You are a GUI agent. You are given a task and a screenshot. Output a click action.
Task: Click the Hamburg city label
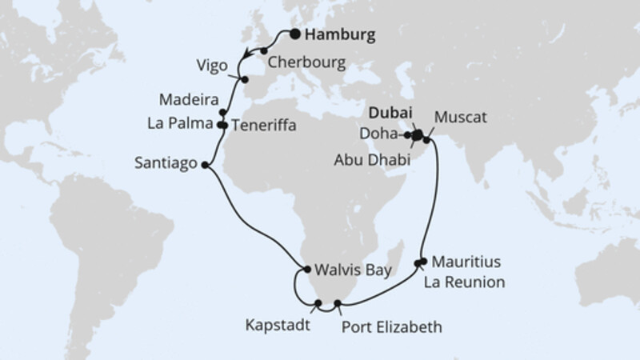pyautogui.click(x=338, y=35)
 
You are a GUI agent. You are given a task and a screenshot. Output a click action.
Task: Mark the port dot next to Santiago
pyautogui.click(x=206, y=166)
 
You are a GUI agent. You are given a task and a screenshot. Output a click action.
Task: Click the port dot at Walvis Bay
pyautogui.click(x=306, y=269)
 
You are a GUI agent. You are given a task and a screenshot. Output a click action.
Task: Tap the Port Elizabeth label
pyautogui.click(x=390, y=326)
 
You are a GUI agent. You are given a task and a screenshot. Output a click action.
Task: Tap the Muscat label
pyautogui.click(x=462, y=116)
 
